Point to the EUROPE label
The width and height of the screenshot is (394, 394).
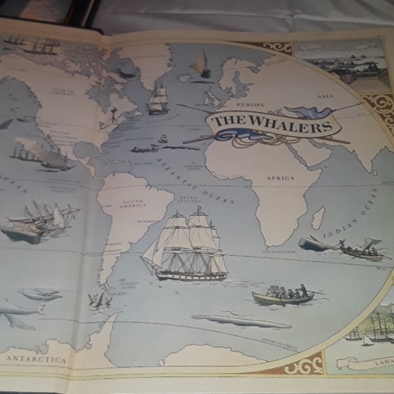coord(250,106)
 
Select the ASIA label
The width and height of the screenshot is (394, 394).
coord(325,96)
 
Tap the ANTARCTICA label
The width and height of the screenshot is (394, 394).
coord(37,358)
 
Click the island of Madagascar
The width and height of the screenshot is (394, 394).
coord(317,218)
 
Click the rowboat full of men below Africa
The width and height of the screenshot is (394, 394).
coord(283,295)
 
